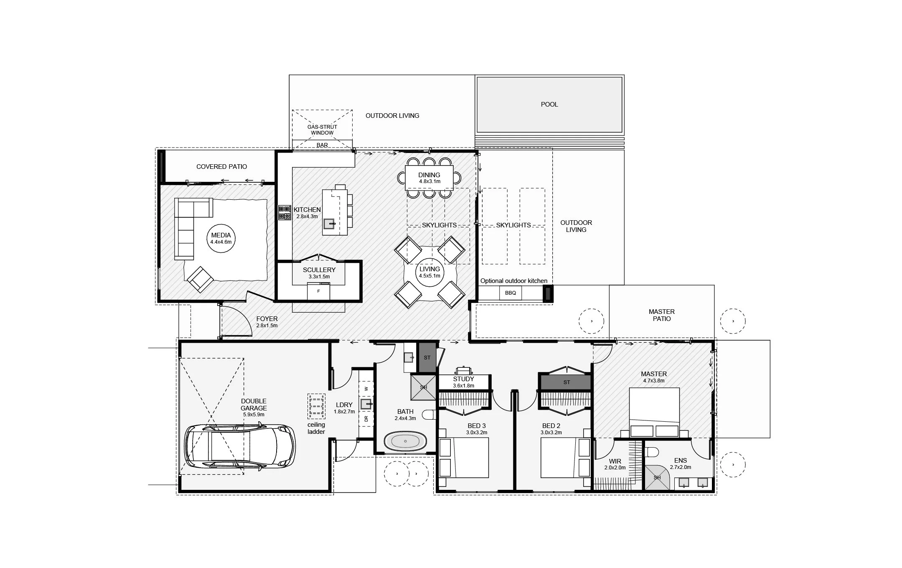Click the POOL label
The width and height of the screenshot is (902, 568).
[x=549, y=104]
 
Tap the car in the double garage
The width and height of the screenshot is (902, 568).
[x=240, y=446]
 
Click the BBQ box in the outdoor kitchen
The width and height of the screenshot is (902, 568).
[x=510, y=293]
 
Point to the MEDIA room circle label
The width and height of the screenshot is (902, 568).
[x=221, y=238]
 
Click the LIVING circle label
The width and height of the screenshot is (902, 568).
[x=429, y=272]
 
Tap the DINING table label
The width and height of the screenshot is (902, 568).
[x=429, y=178]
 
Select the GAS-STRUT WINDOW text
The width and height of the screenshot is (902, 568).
[x=322, y=130]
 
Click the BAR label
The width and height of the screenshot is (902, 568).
[x=322, y=145]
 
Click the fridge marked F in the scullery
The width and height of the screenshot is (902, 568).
[x=318, y=291]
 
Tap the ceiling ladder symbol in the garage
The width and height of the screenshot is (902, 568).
[x=316, y=406]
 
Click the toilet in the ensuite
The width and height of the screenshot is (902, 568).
[x=651, y=451]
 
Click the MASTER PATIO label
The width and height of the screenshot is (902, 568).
[x=661, y=315]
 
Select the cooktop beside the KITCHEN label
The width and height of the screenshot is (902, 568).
[x=285, y=213]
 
